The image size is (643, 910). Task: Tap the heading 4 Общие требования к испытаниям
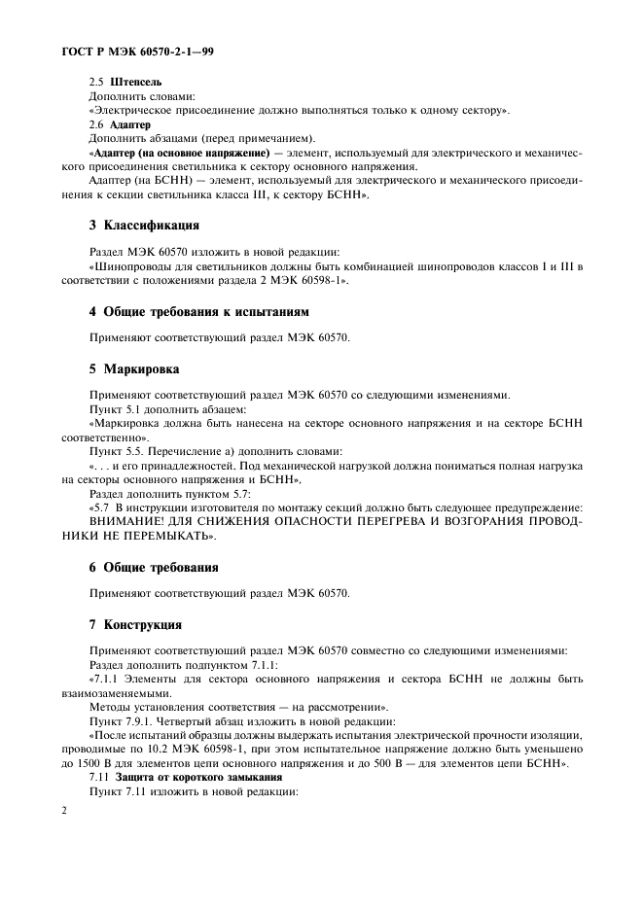pos(199,312)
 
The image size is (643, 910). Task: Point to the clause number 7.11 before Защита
pos(98,779)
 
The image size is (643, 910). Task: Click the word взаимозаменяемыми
pos(123,693)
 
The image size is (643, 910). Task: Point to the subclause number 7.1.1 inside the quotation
pos(108,679)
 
